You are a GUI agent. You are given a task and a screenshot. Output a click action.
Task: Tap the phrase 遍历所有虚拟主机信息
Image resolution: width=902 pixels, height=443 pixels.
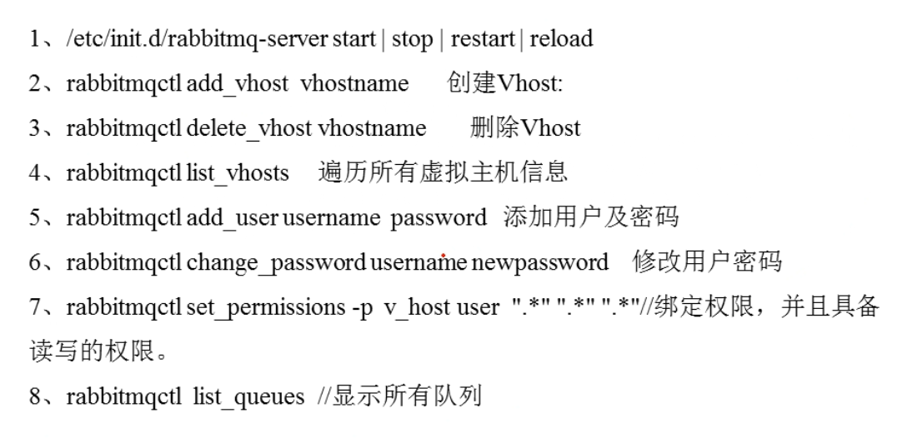click(x=443, y=173)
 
